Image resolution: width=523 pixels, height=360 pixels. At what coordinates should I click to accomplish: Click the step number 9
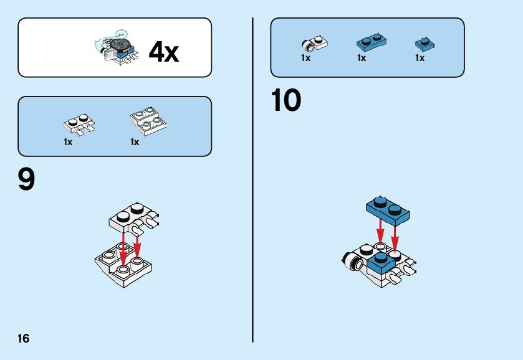tap(26, 180)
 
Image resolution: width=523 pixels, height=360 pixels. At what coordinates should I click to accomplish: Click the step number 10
tap(286, 101)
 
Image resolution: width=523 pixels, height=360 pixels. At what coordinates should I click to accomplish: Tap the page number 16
tap(24, 339)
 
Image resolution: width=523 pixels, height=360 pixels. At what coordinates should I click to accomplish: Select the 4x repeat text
tap(163, 52)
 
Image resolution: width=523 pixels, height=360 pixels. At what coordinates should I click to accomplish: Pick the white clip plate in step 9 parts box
tap(79, 124)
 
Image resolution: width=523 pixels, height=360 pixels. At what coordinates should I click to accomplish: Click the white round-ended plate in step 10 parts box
tap(315, 43)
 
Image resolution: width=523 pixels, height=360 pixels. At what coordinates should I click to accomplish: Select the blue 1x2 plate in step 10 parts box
tap(372, 42)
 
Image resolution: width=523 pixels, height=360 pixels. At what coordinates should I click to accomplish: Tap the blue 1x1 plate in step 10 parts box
tap(425, 44)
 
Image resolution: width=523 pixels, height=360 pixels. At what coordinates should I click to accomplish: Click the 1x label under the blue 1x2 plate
tap(362, 58)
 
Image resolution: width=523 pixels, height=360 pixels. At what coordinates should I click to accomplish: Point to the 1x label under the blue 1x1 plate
tap(420, 58)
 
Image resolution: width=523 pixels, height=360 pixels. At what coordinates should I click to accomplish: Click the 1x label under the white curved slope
tap(135, 142)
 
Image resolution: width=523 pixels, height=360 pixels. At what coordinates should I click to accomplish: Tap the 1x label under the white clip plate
tap(68, 142)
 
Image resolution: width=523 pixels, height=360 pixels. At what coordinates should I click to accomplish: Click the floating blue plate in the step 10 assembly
tap(388, 211)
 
